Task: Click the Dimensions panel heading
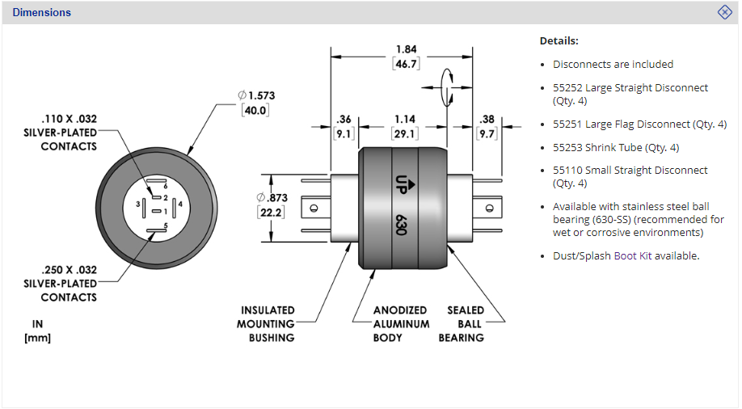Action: click(x=41, y=12)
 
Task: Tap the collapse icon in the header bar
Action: click(x=725, y=12)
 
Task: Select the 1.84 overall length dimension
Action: click(x=407, y=48)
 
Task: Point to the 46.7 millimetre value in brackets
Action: click(x=407, y=63)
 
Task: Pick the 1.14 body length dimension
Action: click(x=404, y=120)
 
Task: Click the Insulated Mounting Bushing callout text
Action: click(x=268, y=323)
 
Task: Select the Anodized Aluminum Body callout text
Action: click(x=401, y=323)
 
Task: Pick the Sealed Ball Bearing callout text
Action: click(x=466, y=323)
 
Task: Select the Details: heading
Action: click(x=559, y=40)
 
